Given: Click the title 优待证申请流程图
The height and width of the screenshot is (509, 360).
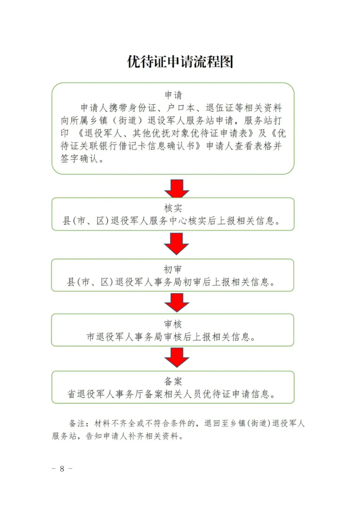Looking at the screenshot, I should point(180,62).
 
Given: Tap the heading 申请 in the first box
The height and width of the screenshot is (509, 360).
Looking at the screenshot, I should point(173,95).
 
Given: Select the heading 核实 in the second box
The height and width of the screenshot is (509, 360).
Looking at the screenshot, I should point(173,208).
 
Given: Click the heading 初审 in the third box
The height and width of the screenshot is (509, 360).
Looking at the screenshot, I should point(173,269).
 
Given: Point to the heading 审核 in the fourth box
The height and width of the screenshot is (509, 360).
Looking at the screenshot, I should point(173,324).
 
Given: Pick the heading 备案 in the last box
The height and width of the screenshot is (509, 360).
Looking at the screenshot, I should point(173,381).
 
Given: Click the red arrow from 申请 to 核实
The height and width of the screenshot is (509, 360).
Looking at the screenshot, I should point(176,188).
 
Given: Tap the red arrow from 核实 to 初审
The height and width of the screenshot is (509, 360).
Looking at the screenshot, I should point(176,244).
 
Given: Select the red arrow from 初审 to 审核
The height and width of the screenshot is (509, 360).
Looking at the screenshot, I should point(176,302).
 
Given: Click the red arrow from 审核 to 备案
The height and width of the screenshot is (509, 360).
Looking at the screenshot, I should point(176,357).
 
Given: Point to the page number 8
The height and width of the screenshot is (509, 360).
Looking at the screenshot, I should point(62,469).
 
